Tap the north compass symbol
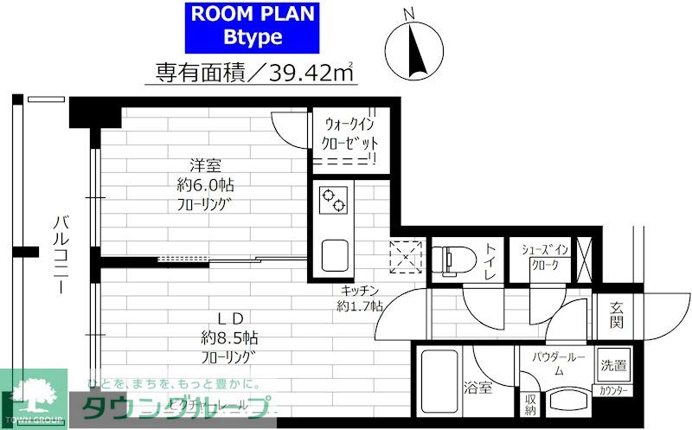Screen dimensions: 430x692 (x=414, y=48)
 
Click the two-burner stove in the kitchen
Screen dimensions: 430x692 (x=334, y=201)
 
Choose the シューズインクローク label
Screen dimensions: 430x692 (x=545, y=258)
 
